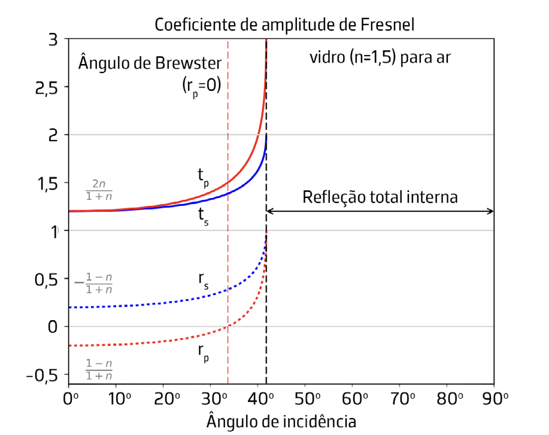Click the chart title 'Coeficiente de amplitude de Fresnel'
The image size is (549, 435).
pyautogui.click(x=284, y=25)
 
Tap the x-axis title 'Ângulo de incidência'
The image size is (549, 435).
pyautogui.click(x=281, y=421)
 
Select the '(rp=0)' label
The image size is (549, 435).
pyautogui.click(x=202, y=86)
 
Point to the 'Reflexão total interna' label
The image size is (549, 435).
pyautogui.click(x=380, y=197)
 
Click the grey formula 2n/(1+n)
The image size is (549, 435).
pyautogui.click(x=99, y=189)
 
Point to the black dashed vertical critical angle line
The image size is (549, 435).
pyautogui.click(x=266, y=359)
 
